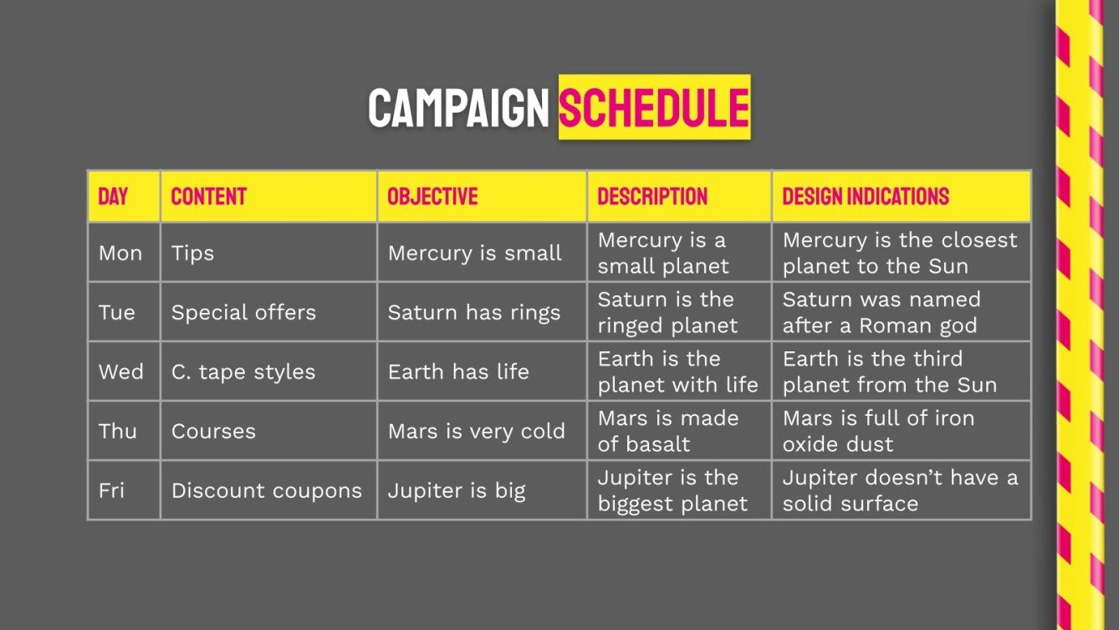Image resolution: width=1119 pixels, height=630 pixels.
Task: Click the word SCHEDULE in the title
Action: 654,108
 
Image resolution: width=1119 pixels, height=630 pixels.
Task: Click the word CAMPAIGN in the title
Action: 458,108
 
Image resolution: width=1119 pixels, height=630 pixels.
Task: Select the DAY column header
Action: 114,197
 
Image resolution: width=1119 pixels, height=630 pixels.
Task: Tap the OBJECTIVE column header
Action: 432,197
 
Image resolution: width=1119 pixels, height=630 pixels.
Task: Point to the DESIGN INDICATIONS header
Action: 866,197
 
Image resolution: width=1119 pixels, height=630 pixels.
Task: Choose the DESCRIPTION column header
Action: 652,197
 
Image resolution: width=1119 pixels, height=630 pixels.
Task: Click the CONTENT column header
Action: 209,197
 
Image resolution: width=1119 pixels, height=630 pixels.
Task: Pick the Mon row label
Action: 120,254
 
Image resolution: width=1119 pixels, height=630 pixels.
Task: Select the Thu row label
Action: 118,431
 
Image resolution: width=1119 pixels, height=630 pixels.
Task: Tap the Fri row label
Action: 112,490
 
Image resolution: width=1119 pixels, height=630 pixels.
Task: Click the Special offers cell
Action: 243,313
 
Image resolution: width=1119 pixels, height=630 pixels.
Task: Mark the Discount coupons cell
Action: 267,490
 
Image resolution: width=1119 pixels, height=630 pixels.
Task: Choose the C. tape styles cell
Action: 243,372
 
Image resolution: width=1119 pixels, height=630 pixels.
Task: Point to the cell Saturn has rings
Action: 474,313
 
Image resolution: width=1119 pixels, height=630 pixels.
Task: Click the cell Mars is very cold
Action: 477,431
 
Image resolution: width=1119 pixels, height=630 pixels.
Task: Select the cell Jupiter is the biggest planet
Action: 672,491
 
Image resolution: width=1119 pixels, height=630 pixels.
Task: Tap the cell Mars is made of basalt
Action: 668,431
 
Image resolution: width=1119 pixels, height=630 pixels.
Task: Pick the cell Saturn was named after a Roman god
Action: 881,313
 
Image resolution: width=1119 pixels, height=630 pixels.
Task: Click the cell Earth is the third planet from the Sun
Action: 890,372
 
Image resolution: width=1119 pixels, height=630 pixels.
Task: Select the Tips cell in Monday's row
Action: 192,254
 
